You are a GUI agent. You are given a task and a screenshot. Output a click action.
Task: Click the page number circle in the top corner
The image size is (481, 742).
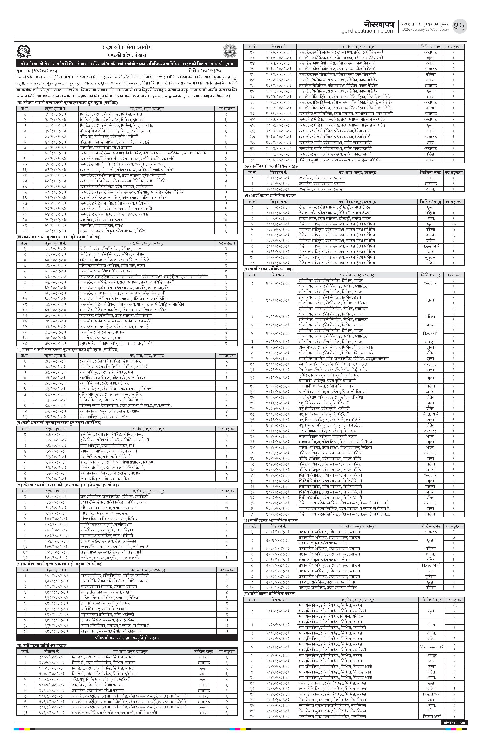coord(460,27)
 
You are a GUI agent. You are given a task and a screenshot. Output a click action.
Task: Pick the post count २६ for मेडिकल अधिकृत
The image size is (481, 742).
coord(454,224)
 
